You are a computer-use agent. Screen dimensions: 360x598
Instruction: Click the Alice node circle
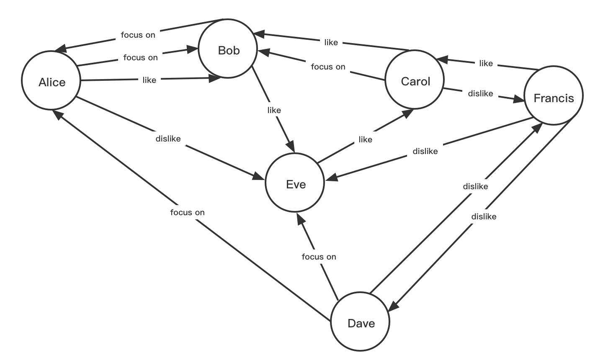(x=51, y=81)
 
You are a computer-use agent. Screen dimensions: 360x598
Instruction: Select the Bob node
(x=228, y=49)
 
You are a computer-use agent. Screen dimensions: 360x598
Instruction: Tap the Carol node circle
(x=415, y=80)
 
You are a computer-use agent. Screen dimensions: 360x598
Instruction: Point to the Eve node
(x=295, y=183)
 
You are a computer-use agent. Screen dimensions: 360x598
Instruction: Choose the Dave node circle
(x=361, y=322)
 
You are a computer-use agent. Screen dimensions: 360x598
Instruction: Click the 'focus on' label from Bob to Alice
(x=138, y=35)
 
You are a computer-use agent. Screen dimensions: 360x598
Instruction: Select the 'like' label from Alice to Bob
(x=149, y=80)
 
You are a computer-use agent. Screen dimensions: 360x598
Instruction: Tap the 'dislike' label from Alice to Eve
(x=168, y=139)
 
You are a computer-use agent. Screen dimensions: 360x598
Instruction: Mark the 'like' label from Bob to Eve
(x=274, y=110)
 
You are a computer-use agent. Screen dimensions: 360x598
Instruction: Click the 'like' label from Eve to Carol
(x=365, y=139)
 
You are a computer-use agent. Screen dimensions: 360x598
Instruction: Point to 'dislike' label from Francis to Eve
(x=425, y=151)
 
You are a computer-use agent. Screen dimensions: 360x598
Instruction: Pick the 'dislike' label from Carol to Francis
(x=480, y=93)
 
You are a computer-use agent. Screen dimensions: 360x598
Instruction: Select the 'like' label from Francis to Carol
(x=486, y=63)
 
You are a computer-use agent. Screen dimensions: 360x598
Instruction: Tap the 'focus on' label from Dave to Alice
(x=187, y=212)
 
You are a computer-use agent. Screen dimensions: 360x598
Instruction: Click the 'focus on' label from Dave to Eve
(x=319, y=257)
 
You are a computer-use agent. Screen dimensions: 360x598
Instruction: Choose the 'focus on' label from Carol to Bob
(x=328, y=67)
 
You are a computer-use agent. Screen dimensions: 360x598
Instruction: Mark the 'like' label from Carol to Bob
(x=331, y=42)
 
